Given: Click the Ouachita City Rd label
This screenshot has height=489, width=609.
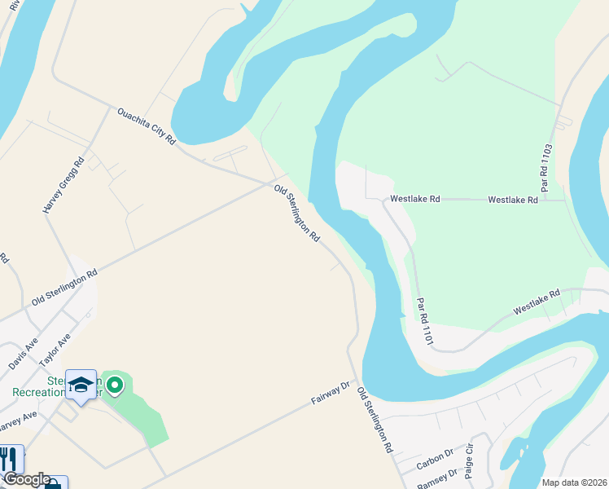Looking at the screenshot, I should (x=147, y=126).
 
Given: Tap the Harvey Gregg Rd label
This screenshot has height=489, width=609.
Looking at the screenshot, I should (x=64, y=186).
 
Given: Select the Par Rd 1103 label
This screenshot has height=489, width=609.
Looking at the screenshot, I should (x=546, y=168).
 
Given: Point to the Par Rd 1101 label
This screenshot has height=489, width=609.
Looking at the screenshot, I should (x=422, y=319).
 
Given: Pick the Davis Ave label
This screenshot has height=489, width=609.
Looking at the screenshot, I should (x=24, y=355).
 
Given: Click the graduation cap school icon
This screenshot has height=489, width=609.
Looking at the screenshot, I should (x=81, y=384).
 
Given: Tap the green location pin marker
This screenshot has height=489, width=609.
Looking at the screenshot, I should (x=116, y=385).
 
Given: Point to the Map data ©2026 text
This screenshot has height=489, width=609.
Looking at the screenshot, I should (x=574, y=482).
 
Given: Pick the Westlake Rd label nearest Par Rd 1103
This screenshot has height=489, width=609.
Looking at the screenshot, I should (x=512, y=199).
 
